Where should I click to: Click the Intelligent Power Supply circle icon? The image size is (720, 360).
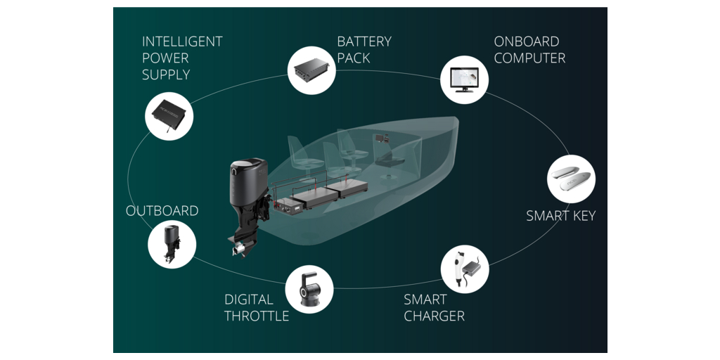[169, 117]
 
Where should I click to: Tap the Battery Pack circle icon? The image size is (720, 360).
[311, 70]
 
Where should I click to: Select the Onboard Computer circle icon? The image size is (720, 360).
[464, 80]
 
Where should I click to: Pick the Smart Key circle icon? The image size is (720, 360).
[571, 179]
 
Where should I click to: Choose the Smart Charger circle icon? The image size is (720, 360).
[464, 269]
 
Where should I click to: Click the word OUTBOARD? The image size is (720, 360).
[162, 211]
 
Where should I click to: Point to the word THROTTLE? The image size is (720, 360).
[257, 316]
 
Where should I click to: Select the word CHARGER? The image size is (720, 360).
[434, 316]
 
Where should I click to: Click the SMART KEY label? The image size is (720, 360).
[560, 216]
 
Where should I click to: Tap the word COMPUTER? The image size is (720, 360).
[529, 58]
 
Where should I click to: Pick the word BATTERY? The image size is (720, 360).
[364, 41]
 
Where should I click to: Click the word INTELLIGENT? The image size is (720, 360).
[182, 41]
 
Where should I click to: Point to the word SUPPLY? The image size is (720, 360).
[166, 75]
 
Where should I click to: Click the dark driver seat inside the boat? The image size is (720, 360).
[385, 160]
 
